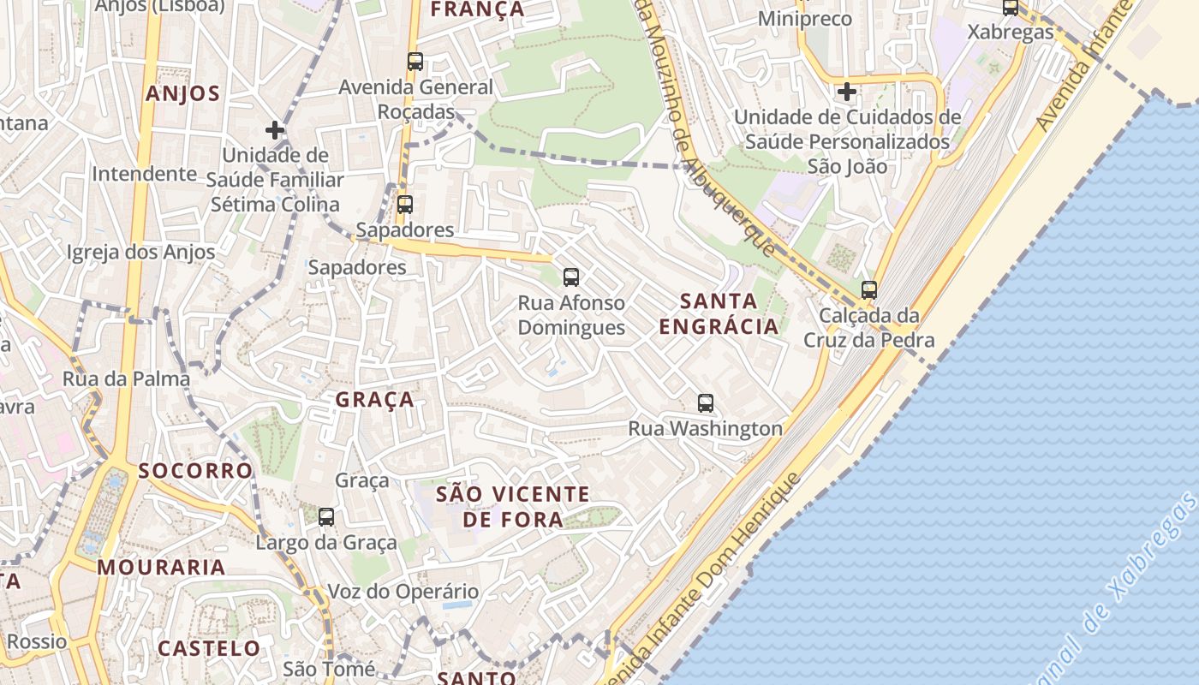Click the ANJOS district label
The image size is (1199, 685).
(x=182, y=93)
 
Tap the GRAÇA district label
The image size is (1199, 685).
(x=374, y=400)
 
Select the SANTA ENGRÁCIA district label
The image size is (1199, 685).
(x=719, y=313)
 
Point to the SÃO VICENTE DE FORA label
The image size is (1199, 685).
(x=513, y=506)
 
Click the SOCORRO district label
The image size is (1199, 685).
(x=195, y=471)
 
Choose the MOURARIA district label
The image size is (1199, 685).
(x=161, y=567)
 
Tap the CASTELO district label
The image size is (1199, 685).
(x=209, y=648)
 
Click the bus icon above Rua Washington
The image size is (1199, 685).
(x=706, y=402)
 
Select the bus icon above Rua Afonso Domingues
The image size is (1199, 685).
(x=571, y=277)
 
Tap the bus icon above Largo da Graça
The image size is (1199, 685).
(x=326, y=516)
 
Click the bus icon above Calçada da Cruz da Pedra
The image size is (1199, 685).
(x=869, y=289)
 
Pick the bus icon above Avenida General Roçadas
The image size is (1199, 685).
(x=415, y=61)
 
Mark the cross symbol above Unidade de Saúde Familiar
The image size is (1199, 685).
(x=275, y=130)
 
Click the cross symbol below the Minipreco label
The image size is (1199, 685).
(x=847, y=91)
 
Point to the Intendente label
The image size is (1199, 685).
(x=144, y=174)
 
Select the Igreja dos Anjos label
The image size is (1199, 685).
(x=141, y=253)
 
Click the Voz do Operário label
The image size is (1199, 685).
(x=403, y=592)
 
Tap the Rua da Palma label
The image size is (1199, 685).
(x=126, y=378)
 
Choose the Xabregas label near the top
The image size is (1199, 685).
(x=1011, y=33)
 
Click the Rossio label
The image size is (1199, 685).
(x=37, y=641)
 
